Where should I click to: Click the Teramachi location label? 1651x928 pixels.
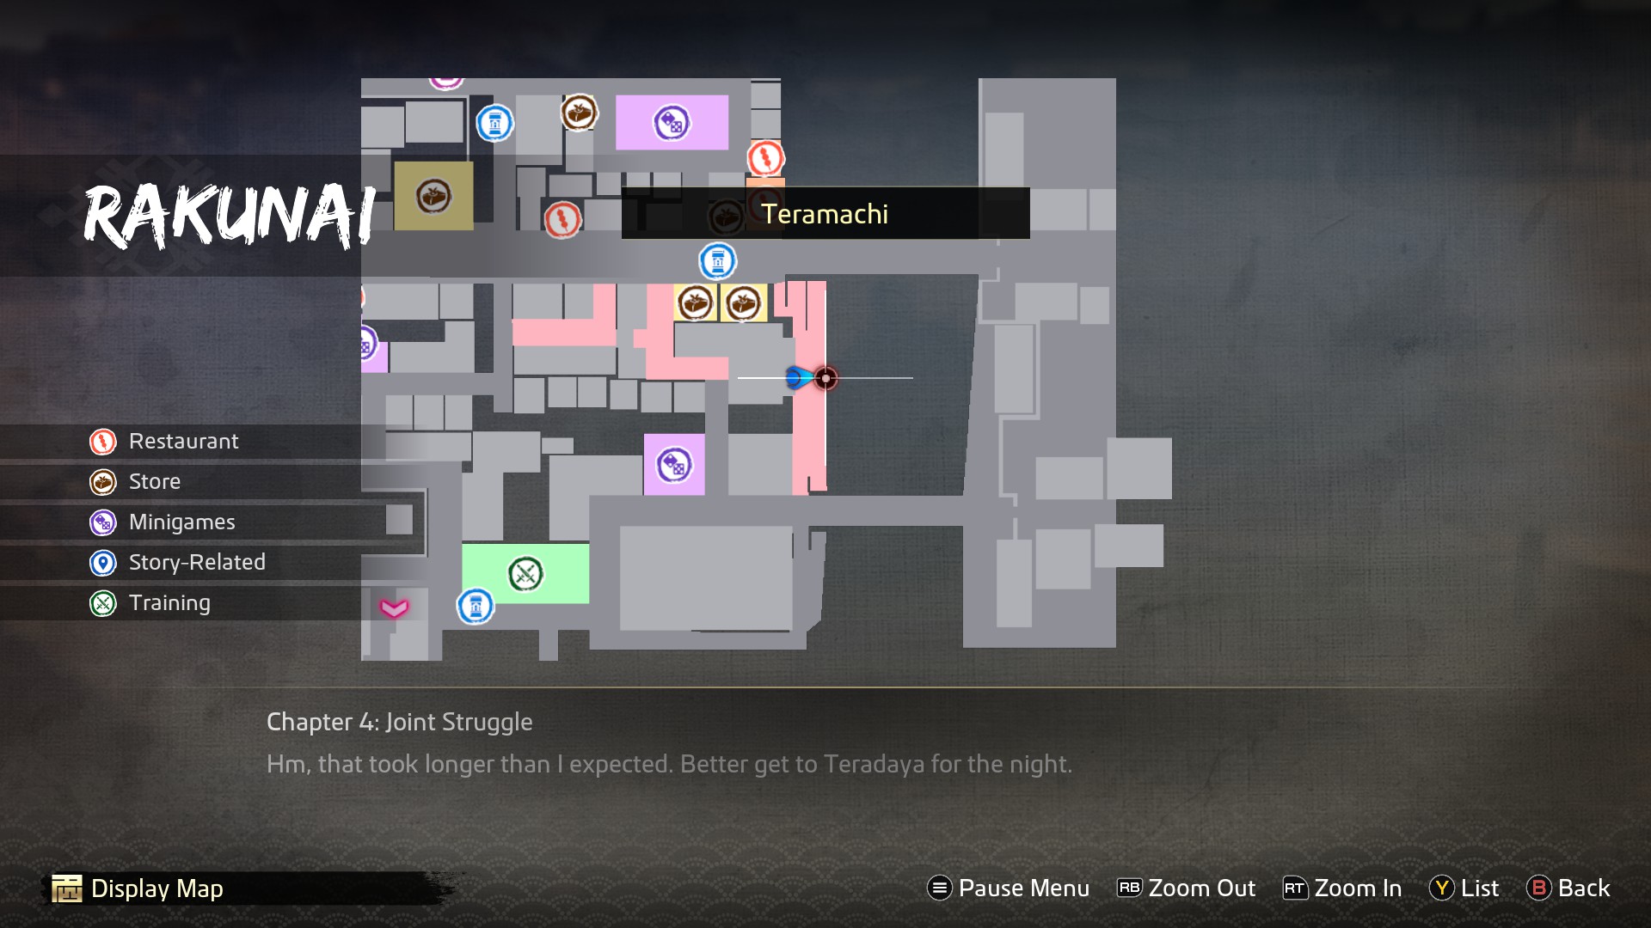(825, 214)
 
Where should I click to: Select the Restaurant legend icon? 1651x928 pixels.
(103, 442)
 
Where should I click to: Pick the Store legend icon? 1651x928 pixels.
(103, 482)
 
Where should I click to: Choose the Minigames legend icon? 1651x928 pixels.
(103, 522)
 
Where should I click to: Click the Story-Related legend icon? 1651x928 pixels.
(103, 563)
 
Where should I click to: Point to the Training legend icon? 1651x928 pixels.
(103, 603)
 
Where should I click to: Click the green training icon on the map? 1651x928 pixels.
(525, 574)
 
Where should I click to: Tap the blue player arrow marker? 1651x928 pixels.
(798, 377)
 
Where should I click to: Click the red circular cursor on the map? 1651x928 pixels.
(825, 378)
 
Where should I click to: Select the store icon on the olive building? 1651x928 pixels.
(433, 196)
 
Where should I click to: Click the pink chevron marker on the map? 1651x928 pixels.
(395, 608)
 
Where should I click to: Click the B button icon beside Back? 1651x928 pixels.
(1538, 888)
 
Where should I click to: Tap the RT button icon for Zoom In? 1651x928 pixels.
(1294, 888)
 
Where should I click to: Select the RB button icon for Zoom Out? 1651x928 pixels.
(1129, 888)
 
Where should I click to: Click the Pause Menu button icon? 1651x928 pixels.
(939, 888)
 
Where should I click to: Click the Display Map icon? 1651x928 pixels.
(67, 888)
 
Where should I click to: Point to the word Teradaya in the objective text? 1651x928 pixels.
(874, 764)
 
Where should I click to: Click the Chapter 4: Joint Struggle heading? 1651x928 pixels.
(399, 722)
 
